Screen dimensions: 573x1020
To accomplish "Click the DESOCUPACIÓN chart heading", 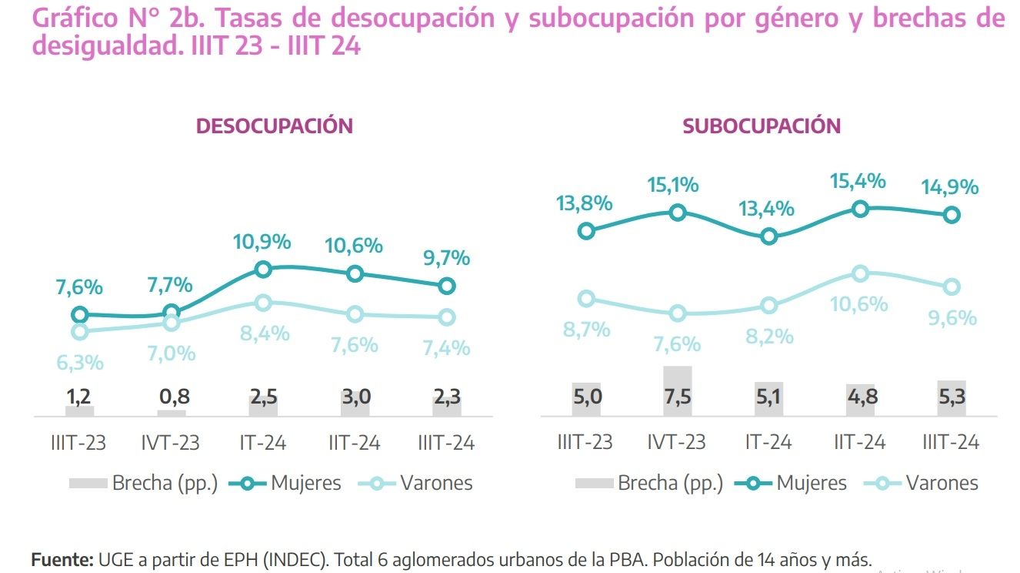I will pos(274,126).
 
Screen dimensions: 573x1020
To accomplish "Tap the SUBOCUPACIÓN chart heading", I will pos(762,126).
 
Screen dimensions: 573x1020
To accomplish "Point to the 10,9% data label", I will pos(262,241).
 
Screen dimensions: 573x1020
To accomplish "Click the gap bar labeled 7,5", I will pos(678,391).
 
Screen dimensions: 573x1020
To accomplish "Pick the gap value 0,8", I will pos(172,397).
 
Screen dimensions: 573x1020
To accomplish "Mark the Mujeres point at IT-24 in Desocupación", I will pos(263,269).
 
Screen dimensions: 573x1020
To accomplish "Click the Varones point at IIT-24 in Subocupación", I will pos(861,273).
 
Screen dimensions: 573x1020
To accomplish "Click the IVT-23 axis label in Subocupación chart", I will pos(676,443).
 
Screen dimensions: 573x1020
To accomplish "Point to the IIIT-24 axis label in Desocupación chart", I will pos(446,443).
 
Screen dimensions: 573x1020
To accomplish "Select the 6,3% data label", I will pos(80,362).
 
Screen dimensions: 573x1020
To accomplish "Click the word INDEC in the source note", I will pos(293,560).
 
